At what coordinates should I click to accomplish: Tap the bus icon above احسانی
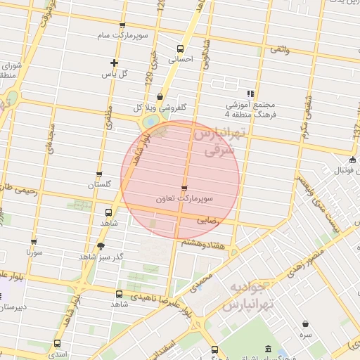[180, 49]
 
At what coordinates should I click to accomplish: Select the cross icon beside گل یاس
[114, 63]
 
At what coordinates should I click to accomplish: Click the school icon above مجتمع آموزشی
[250, 93]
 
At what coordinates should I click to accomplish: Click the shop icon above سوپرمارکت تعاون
[184, 188]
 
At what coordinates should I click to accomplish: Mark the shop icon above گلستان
[99, 174]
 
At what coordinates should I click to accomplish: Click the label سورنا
[34, 251]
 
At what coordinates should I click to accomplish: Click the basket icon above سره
[306, 323]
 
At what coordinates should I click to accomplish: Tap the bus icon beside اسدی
[56, 344]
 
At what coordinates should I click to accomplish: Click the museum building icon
[268, 349]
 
